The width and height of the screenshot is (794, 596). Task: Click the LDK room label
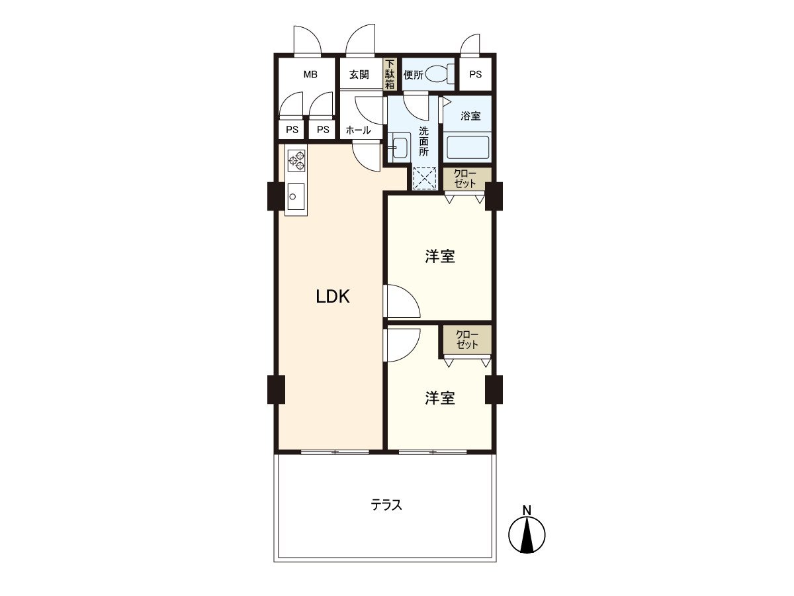click(x=332, y=297)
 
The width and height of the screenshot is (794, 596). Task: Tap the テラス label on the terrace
click(x=386, y=505)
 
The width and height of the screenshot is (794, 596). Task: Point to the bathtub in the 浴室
click(x=467, y=146)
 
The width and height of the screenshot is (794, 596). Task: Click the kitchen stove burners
click(x=296, y=160)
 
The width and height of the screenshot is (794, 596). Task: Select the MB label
click(x=310, y=74)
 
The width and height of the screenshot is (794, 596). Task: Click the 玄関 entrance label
click(x=359, y=74)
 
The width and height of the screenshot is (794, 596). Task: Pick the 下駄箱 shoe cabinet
click(x=390, y=74)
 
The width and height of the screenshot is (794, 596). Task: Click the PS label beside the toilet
click(x=475, y=74)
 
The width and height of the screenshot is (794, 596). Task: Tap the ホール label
click(x=359, y=130)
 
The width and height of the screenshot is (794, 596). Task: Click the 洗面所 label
click(x=423, y=140)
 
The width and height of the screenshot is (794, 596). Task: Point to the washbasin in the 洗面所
click(x=399, y=147)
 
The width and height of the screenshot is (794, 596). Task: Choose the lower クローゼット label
click(x=467, y=339)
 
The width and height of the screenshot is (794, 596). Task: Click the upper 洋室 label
click(x=439, y=256)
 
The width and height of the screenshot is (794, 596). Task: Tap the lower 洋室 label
click(x=439, y=398)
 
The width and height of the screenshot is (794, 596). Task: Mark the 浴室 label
click(x=470, y=116)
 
